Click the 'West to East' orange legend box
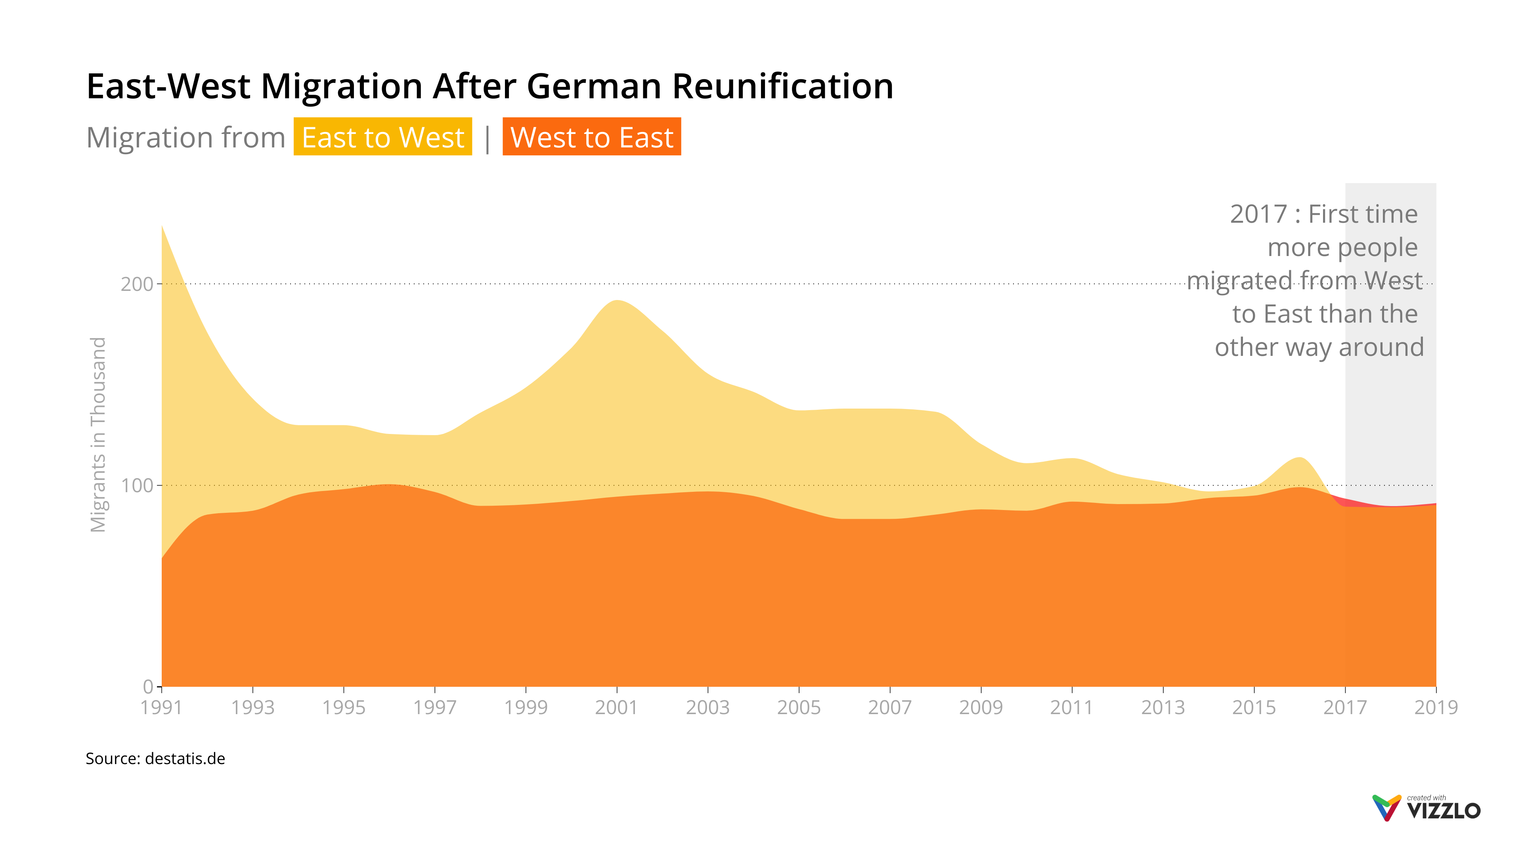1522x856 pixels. pyautogui.click(x=591, y=137)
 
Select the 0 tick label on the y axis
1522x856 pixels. pyautogui.click(x=148, y=686)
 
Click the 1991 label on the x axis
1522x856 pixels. pyautogui.click(x=161, y=707)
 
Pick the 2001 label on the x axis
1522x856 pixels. pyautogui.click(x=616, y=707)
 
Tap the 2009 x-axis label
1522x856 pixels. pyautogui.click(x=981, y=707)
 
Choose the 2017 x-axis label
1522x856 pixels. pyautogui.click(x=1345, y=707)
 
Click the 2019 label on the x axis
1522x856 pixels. pyautogui.click(x=1436, y=707)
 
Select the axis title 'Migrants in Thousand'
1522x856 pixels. pyautogui.click(x=98, y=434)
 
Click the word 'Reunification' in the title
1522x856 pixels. pyautogui.click(x=782, y=86)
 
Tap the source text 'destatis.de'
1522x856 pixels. pyautogui.click(x=185, y=759)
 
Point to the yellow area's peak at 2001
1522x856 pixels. pyautogui.click(x=616, y=302)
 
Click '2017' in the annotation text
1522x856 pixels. pyautogui.click(x=1258, y=214)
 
